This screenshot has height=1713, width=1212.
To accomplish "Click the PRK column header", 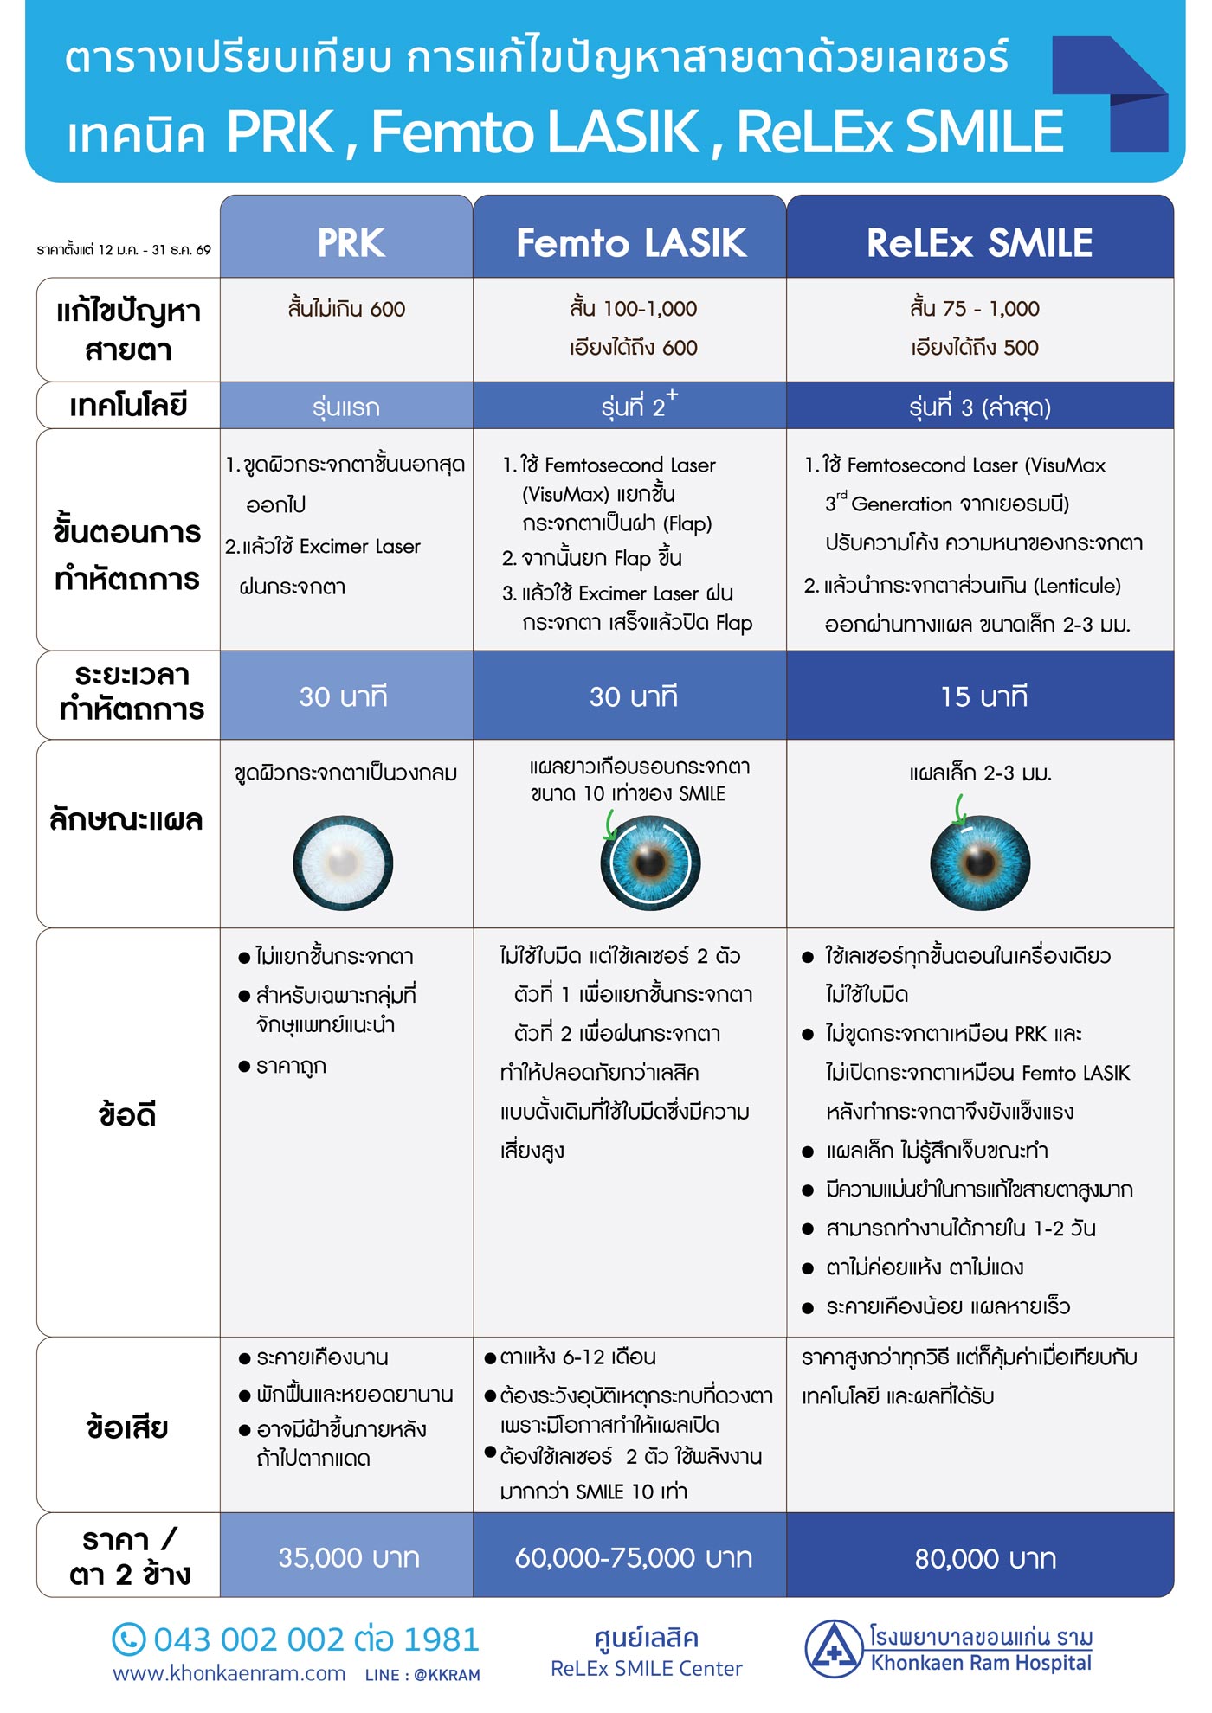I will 350,242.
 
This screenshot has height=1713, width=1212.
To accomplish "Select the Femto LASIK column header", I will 630,242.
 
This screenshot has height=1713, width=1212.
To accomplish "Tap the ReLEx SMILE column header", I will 979,242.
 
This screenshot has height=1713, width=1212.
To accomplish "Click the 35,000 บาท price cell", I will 348,1557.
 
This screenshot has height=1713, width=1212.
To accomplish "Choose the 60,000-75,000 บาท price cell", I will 633,1557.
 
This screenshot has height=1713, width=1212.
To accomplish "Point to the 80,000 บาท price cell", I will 984,1558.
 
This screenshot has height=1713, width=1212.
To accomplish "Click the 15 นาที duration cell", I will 983,696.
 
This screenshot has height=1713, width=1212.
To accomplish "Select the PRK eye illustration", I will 343,863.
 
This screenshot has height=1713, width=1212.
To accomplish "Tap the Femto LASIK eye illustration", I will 650,863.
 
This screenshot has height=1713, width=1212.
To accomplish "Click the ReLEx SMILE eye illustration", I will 980,863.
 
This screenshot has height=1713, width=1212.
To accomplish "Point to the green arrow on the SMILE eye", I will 960,811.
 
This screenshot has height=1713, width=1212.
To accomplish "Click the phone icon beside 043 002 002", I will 129,1639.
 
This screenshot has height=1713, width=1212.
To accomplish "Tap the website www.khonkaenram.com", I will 229,1674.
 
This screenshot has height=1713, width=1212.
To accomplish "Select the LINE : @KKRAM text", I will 422,1675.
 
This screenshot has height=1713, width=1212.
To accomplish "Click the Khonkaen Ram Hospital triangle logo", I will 832,1649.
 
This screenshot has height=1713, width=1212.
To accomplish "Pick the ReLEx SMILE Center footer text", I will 646,1668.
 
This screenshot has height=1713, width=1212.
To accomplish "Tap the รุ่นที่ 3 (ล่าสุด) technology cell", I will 979,407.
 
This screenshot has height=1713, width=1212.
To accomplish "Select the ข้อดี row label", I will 127,1114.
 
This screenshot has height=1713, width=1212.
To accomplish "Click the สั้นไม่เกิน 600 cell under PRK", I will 346,309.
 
